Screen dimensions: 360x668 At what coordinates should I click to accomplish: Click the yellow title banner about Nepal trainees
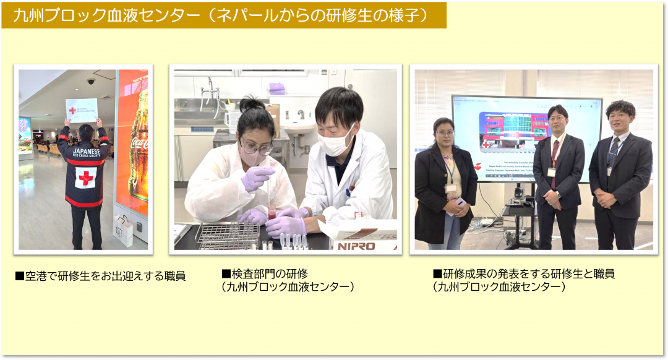223,15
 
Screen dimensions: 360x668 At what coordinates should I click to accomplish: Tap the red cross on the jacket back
85,179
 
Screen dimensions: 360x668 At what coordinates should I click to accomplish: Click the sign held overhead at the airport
82,110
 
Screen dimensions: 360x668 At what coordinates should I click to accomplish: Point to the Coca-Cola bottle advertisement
139,148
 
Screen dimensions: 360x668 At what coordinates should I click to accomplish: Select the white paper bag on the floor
124,230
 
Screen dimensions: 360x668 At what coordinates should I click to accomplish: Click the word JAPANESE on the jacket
85,151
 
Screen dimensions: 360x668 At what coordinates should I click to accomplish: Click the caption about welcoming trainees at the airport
100,276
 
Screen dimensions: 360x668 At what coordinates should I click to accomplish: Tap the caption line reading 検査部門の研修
265,273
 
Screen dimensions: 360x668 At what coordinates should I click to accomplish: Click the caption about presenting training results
523,273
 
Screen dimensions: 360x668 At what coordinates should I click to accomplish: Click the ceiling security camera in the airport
91,81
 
